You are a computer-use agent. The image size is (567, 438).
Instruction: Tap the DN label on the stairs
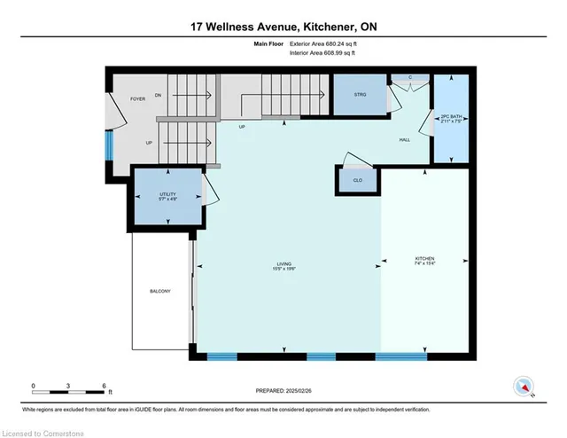click(x=158, y=94)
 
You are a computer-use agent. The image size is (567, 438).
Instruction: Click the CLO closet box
click(x=356, y=181)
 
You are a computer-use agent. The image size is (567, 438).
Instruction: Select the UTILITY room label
click(x=167, y=195)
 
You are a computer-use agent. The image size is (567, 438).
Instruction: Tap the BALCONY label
click(x=159, y=292)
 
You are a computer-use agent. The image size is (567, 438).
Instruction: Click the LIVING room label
click(x=283, y=263)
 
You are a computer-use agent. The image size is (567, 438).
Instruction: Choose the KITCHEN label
click(x=425, y=261)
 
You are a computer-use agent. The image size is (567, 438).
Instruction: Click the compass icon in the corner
click(x=524, y=386)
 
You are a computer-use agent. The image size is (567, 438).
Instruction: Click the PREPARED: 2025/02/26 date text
click(x=283, y=389)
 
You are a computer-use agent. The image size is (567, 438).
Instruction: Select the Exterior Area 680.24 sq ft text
click(x=322, y=44)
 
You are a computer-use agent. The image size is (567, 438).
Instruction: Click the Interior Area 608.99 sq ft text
click(x=322, y=54)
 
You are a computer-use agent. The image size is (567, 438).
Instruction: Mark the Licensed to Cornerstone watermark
click(x=43, y=430)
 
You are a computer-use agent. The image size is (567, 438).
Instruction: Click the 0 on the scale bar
click(x=33, y=387)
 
